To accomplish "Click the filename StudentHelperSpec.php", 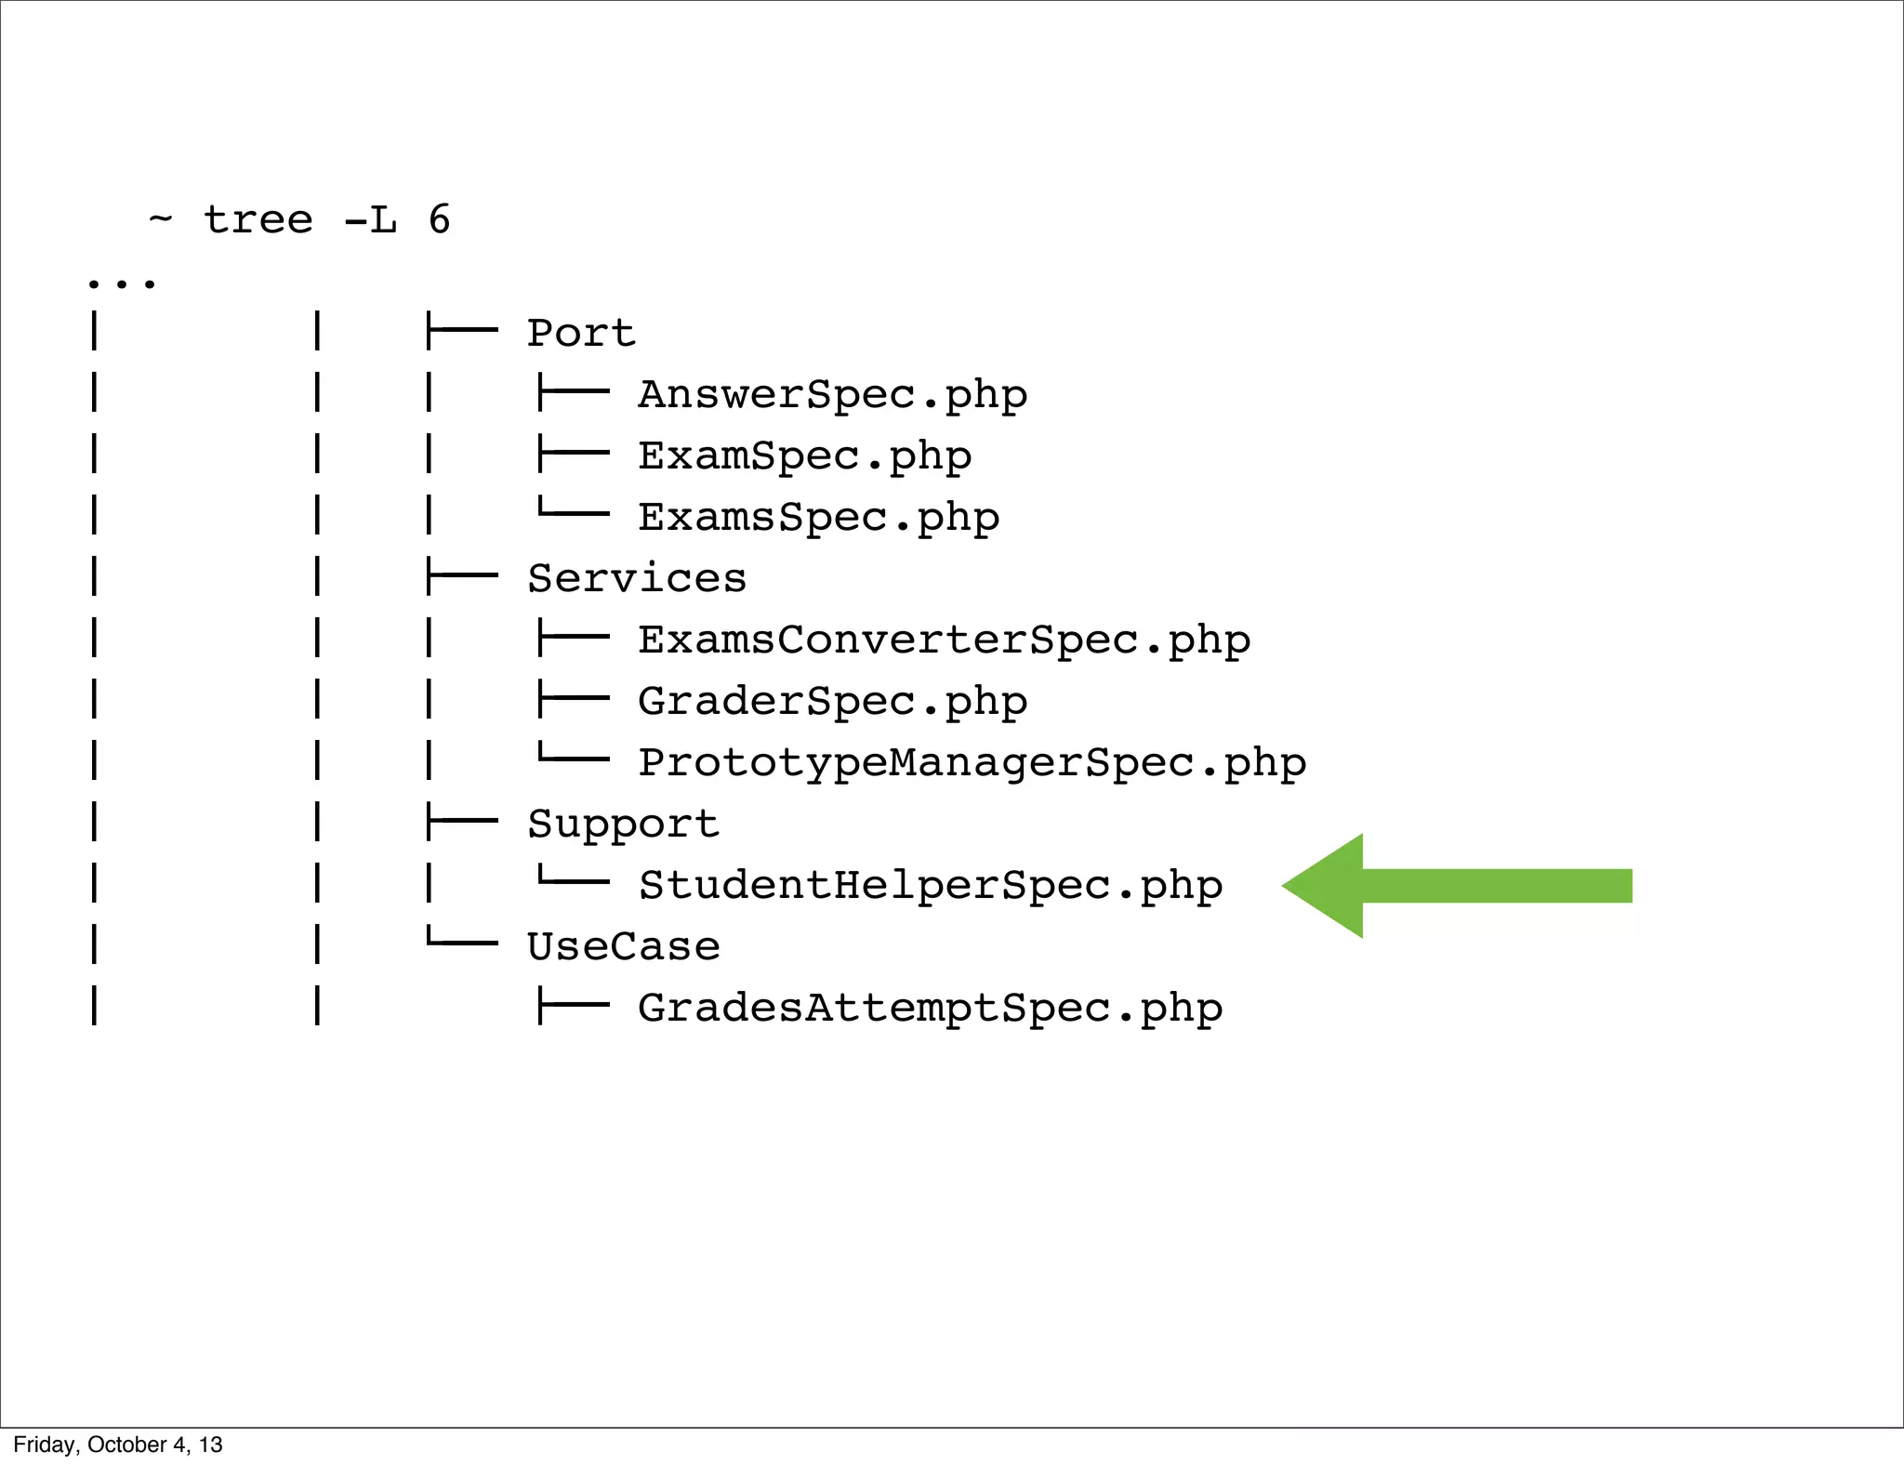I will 930,886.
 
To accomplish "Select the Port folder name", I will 581,334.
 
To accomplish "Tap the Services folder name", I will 637,579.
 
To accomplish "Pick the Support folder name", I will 623,825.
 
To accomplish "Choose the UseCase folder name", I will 623,947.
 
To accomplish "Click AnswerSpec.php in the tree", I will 832,395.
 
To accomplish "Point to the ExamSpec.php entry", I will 804,456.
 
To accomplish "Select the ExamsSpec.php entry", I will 818,518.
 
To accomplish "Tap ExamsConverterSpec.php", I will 944,640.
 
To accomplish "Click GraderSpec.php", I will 832,702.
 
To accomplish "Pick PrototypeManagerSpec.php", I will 972,763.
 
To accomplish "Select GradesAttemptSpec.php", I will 930,1009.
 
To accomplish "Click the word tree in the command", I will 258,220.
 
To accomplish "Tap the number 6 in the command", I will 439,220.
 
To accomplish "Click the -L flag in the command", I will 370,220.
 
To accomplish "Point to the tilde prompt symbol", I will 160,218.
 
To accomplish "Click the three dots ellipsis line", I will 121,282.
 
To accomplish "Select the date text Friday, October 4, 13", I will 118,1445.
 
